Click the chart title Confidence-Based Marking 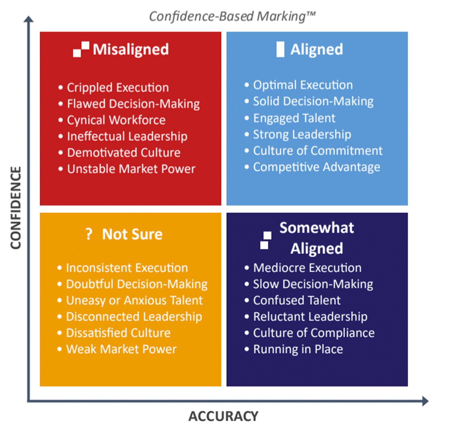232,16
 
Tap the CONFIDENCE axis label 16,208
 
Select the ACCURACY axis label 223,416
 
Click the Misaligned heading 131,49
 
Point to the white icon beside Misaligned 81,49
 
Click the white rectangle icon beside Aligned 280,49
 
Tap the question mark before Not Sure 89,234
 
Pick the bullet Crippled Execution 117,87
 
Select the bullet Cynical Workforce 116,120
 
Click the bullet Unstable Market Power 131,169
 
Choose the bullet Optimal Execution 303,85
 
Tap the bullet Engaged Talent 294,118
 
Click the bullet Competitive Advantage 316,167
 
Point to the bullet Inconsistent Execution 127,268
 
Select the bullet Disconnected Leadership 134,316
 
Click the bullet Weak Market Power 121,349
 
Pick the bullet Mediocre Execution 307,268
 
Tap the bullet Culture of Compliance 314,333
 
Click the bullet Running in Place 298,349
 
